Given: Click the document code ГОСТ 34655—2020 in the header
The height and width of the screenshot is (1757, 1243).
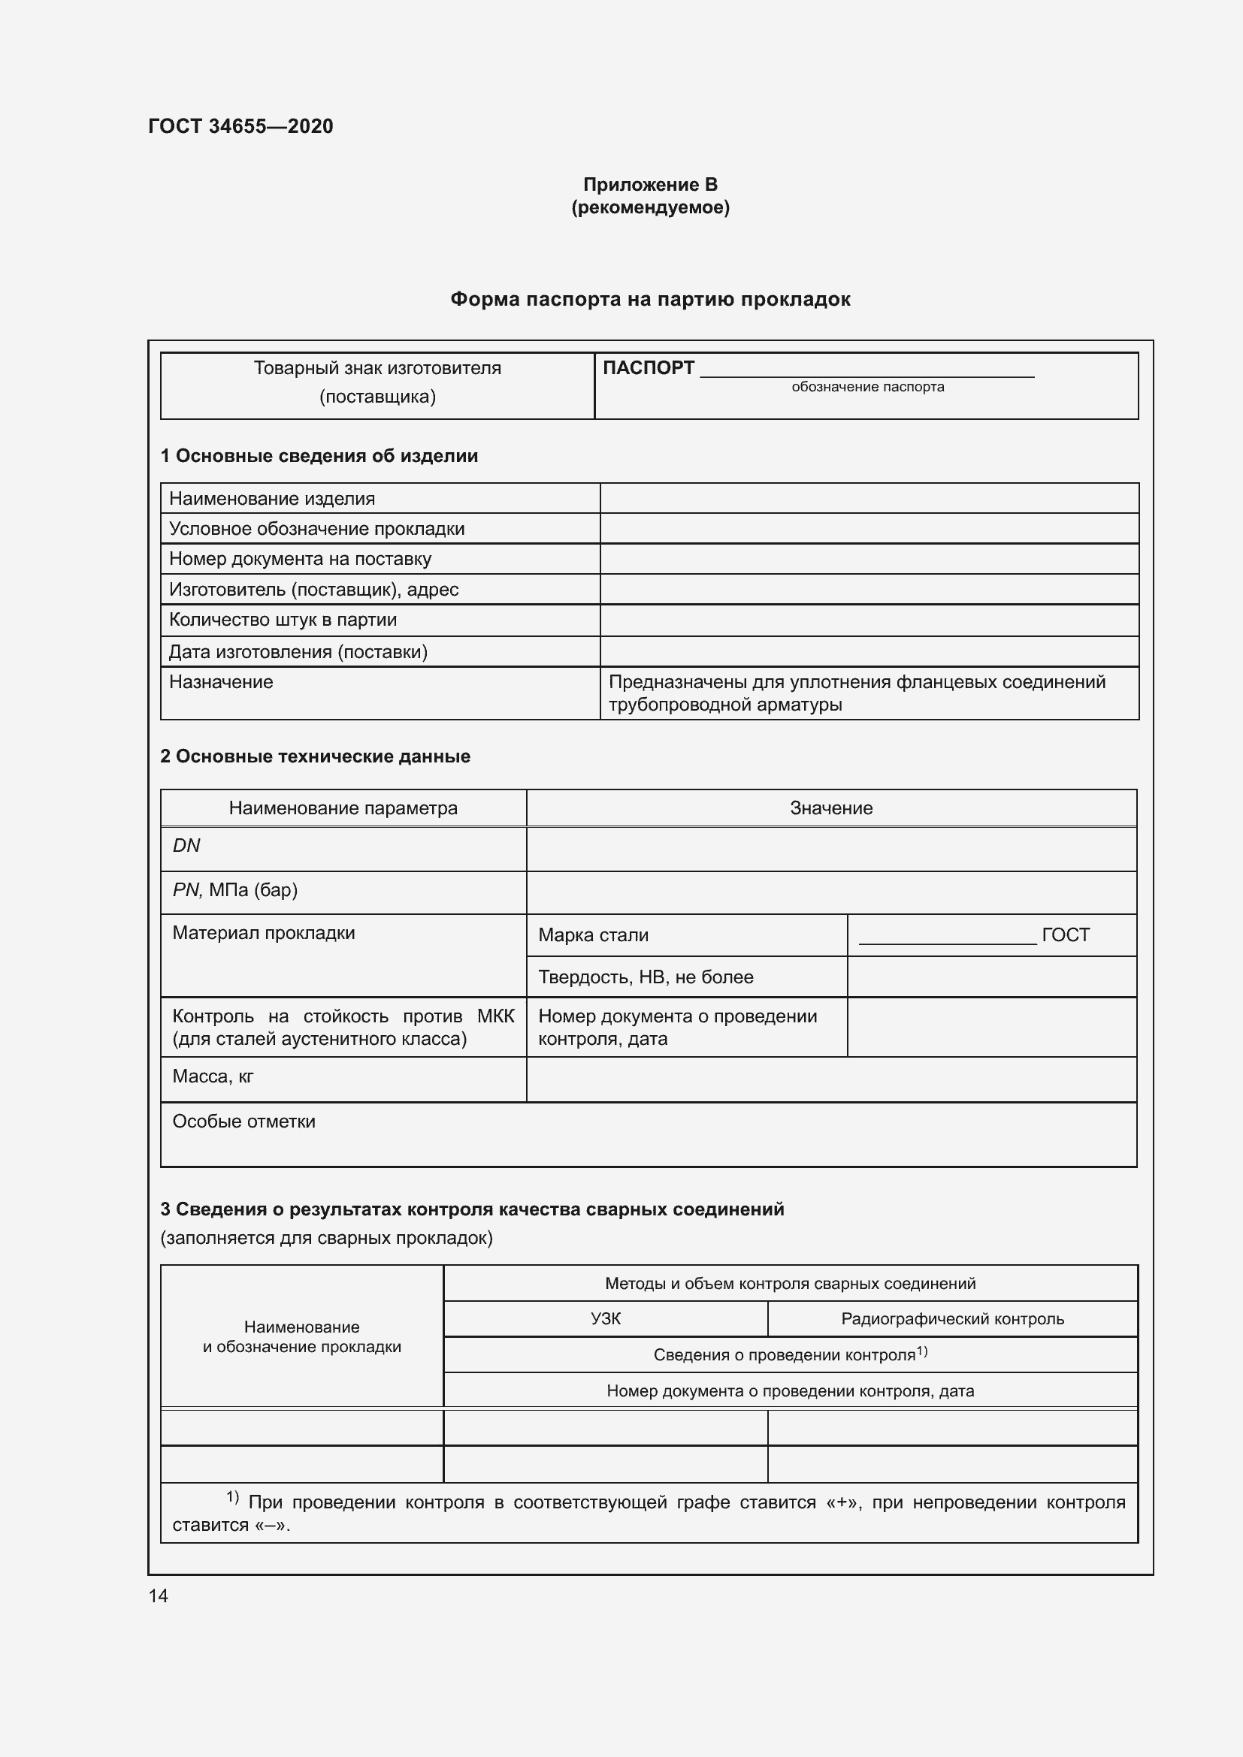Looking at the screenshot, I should click(240, 126).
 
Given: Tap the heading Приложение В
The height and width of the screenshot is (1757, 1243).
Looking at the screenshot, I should click(650, 185).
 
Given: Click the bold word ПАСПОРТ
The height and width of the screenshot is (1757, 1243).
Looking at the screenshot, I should click(649, 368).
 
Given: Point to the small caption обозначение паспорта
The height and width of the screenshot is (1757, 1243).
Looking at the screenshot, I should click(867, 387).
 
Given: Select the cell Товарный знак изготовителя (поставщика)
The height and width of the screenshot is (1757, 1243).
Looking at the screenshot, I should click(377, 382).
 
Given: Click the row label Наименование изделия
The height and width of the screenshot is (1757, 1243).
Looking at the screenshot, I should click(272, 499).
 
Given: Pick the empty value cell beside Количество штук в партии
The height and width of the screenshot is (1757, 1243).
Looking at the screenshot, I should click(869, 620).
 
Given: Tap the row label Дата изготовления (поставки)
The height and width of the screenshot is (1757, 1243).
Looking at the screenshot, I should click(298, 652).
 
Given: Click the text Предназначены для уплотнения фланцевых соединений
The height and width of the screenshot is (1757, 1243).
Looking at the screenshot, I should click(857, 682).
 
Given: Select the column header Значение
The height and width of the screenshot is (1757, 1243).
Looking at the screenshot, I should click(830, 808).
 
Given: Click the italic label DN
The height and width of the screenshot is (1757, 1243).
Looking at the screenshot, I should click(186, 846).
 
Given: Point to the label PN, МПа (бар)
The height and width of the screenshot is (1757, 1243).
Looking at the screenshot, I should click(235, 890).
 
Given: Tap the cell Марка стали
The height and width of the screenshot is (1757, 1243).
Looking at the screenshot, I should click(593, 935).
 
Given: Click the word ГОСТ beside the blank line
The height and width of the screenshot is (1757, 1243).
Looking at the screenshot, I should click(1066, 935).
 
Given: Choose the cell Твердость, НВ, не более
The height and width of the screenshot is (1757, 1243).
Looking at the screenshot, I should click(646, 977).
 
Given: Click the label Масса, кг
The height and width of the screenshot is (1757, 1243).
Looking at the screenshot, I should click(213, 1076).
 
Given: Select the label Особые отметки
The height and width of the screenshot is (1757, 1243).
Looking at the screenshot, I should click(243, 1122).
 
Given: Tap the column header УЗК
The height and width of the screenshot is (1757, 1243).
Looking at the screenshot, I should click(606, 1318).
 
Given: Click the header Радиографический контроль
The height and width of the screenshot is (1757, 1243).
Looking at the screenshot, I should click(952, 1318).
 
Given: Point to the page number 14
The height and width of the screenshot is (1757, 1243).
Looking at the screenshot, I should click(159, 1595).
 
